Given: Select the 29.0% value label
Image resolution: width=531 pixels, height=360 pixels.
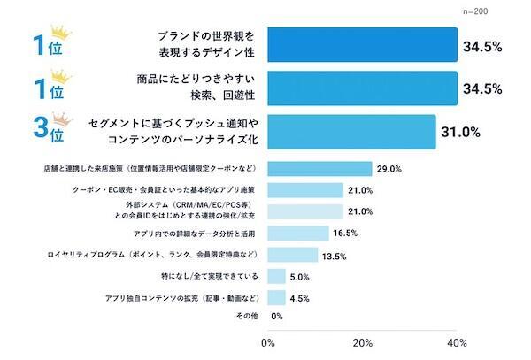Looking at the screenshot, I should (389, 169).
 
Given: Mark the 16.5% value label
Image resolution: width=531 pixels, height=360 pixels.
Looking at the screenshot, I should (344, 234).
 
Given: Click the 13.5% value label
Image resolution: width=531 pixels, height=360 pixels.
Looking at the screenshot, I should (332, 256).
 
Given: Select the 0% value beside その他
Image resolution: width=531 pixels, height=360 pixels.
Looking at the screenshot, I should (276, 317).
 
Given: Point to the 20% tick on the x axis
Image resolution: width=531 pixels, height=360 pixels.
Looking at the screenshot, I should (361, 342).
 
